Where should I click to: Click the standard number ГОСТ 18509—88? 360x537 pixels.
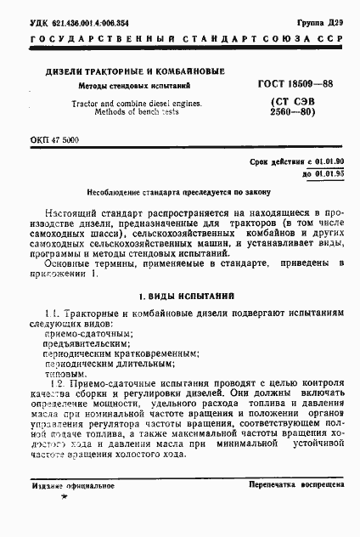[295, 85]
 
